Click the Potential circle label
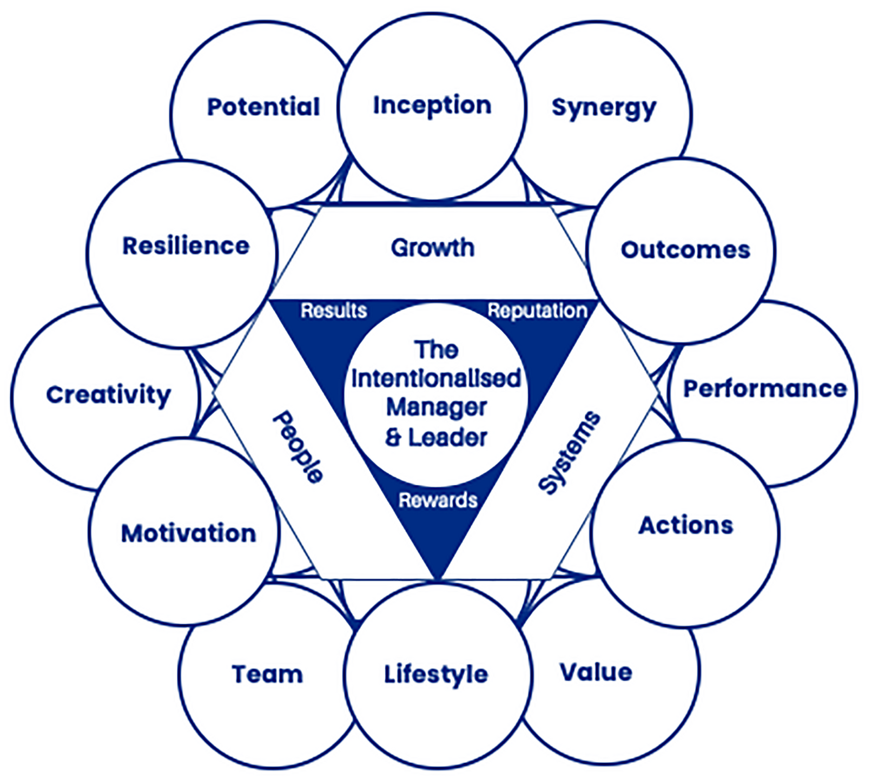click(x=263, y=107)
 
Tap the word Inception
click(x=432, y=105)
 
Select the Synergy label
click(x=604, y=108)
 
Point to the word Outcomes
click(x=685, y=250)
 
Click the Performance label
click(x=765, y=389)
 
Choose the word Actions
click(x=686, y=525)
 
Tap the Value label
click(x=596, y=672)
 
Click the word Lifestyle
click(x=436, y=675)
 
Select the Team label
click(x=267, y=675)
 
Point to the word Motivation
click(x=188, y=533)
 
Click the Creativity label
click(x=109, y=395)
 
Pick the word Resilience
click(x=186, y=246)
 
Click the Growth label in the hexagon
click(x=433, y=248)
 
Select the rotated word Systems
click(x=570, y=452)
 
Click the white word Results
click(x=334, y=311)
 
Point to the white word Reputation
click(x=537, y=311)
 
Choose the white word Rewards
click(x=438, y=500)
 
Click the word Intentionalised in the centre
click(x=436, y=378)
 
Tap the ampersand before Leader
click(x=394, y=437)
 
